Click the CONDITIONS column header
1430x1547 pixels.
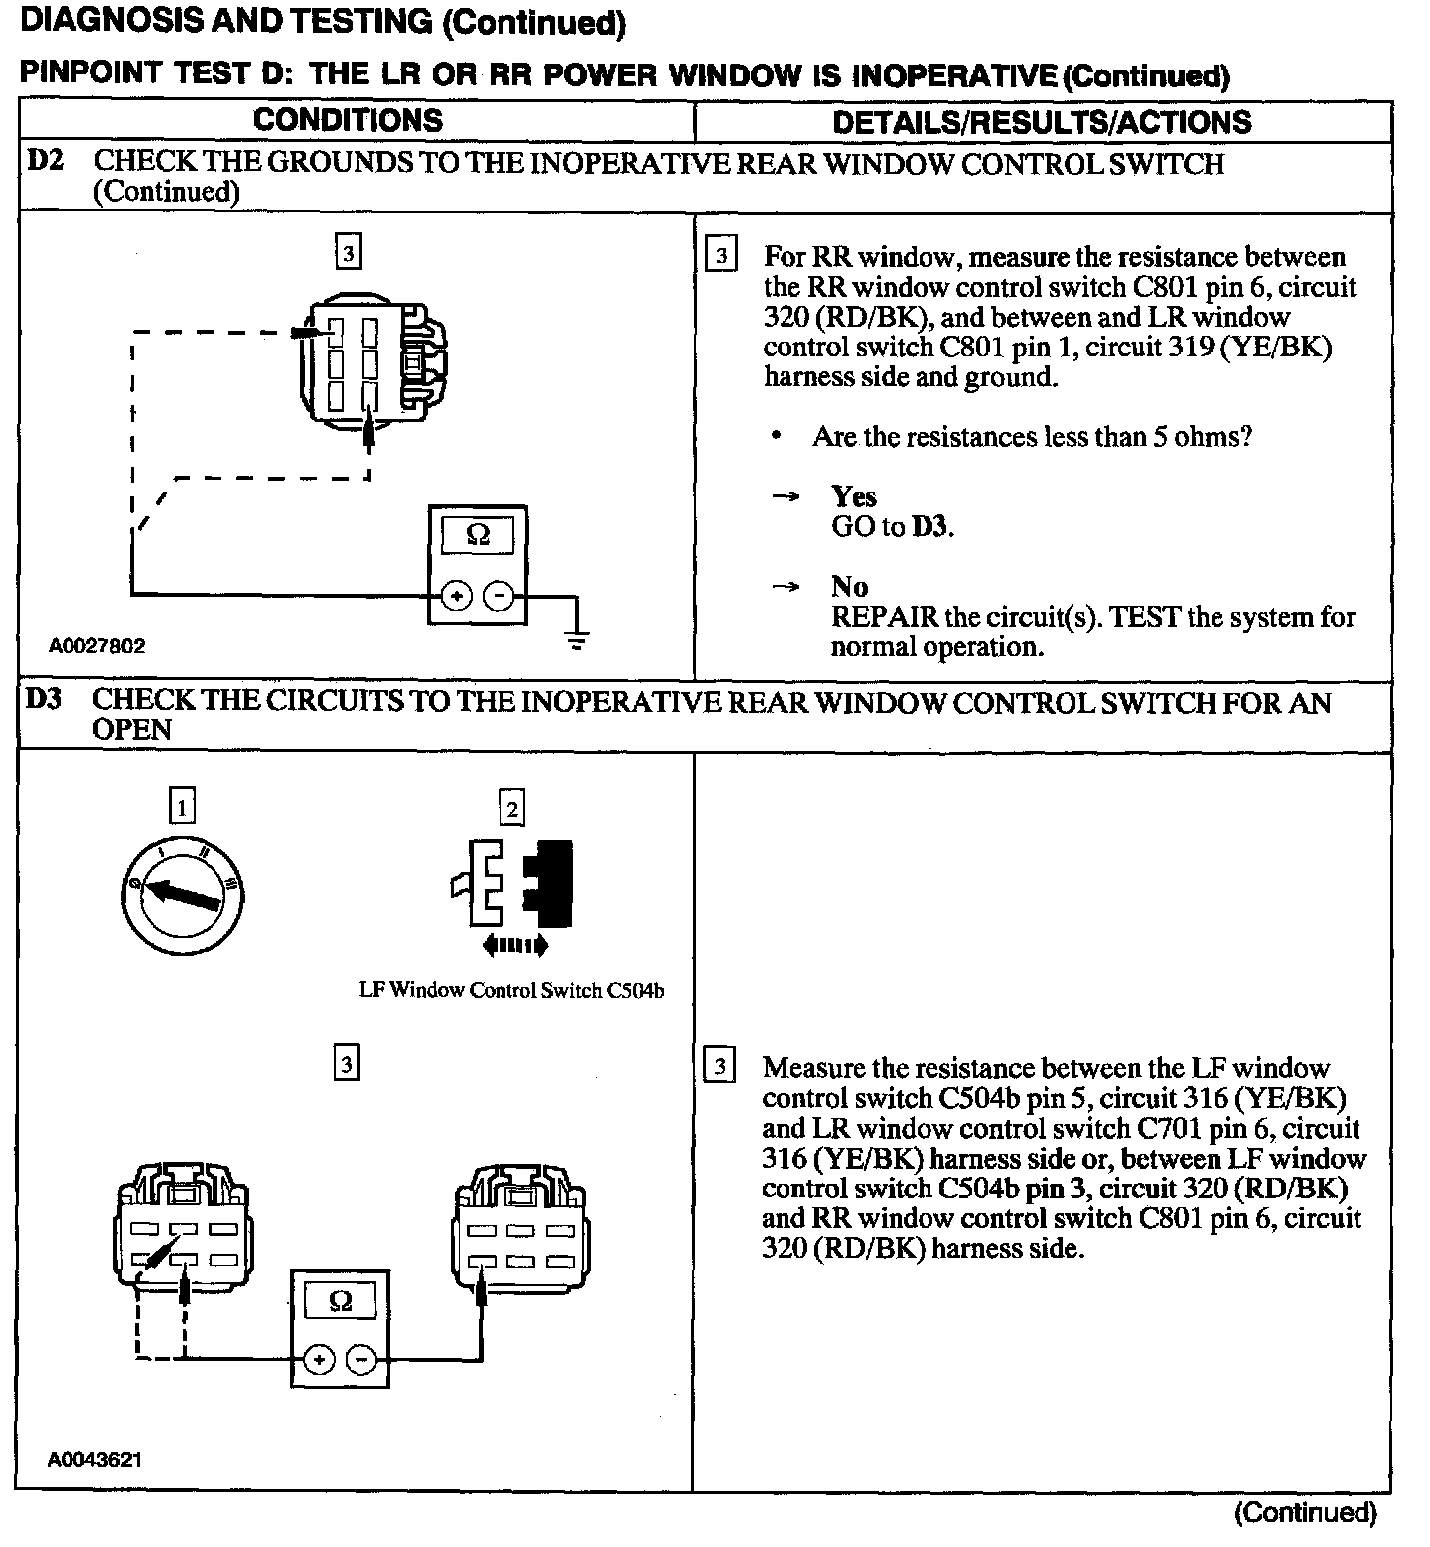[x=348, y=120]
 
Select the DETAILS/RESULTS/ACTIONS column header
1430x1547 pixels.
[x=1042, y=122]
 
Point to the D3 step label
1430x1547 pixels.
[x=44, y=700]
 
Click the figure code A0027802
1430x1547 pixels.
[x=97, y=646]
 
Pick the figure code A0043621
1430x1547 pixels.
[x=94, y=1460]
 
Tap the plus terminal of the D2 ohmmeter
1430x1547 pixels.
[x=456, y=597]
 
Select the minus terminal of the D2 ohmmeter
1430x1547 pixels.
[x=499, y=597]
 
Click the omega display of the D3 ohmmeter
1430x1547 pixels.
[x=340, y=1301]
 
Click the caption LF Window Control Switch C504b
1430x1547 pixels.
[x=511, y=990]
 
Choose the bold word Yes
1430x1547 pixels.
[x=854, y=496]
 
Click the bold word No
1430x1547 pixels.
[x=849, y=586]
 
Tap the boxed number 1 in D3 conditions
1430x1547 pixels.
[x=182, y=806]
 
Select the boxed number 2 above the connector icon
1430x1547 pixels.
[x=511, y=808]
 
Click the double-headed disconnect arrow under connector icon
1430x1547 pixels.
[x=514, y=946]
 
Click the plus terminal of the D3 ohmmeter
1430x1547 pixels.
[x=319, y=1359]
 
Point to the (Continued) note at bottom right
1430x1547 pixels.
[x=1305, y=1512]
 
